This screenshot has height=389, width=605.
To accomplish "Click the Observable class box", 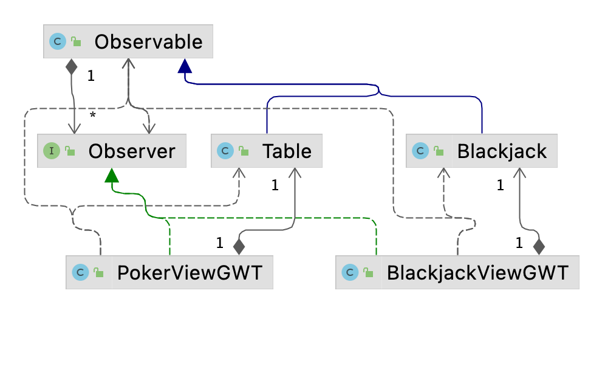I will coord(128,41).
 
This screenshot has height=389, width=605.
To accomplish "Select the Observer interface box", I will coord(112,151).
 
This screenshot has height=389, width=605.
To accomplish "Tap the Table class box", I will coord(267,151).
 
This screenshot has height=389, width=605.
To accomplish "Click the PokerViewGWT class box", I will coord(169,272).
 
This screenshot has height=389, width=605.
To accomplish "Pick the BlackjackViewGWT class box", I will coord(457,272).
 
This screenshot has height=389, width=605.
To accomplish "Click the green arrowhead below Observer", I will coord(111,175).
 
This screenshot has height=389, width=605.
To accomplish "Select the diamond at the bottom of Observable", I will coord(72,66).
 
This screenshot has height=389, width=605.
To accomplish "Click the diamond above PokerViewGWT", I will coord(239,246).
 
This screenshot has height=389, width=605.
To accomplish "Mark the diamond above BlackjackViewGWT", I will coord(538,246).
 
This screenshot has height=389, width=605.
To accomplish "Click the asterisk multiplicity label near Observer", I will coord(92,115).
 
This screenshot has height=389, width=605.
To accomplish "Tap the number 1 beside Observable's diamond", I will coord(91,77).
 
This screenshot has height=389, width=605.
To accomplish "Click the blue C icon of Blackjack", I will coord(420,151).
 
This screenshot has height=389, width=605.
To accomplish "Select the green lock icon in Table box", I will coord(244,151).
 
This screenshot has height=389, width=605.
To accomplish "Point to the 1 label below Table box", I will coord(275,186).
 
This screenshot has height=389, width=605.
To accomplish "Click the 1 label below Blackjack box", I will coord(500,186).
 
